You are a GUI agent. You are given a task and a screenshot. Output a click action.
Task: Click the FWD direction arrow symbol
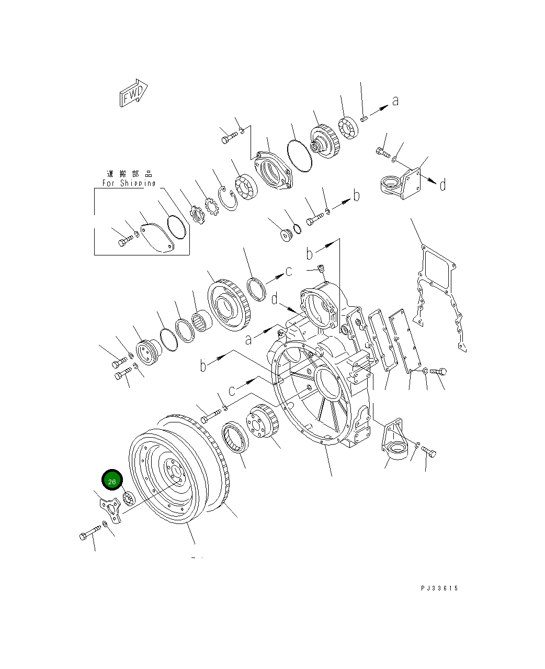pos(132,95)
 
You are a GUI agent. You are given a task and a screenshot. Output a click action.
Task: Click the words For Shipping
pos(129,183)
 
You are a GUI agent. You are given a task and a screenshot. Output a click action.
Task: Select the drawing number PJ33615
pos(439,588)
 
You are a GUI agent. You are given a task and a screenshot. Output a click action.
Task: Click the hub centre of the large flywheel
pos(173,471)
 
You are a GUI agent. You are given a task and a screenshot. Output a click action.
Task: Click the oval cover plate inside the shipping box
pos(158,237)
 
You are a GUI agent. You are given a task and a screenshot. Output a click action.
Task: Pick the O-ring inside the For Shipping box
pos(177,228)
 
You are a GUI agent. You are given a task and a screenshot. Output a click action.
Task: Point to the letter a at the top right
pos(395,101)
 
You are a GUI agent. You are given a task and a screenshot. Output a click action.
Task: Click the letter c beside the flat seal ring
pos(288,271)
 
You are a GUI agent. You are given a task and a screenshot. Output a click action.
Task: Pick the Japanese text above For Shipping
pos(129,174)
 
